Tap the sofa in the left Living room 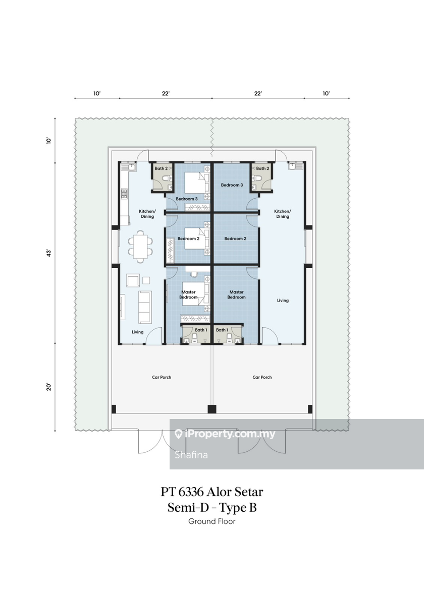click(x=144, y=307)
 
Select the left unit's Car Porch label click(x=162, y=377)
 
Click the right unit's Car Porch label click(x=262, y=377)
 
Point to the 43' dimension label click(x=48, y=253)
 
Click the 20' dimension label click(x=48, y=387)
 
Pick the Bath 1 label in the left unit click(x=201, y=330)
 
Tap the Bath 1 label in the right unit click(x=222, y=330)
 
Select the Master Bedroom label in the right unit click(x=236, y=294)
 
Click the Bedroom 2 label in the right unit click(x=235, y=238)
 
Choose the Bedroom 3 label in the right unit click(x=232, y=185)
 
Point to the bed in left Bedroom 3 click(x=197, y=183)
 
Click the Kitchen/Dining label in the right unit click(x=283, y=214)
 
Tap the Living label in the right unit click(x=283, y=301)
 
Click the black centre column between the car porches click(x=212, y=409)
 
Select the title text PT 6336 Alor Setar click(x=212, y=492)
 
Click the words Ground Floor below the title click(x=212, y=521)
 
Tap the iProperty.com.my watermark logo click(x=225, y=434)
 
